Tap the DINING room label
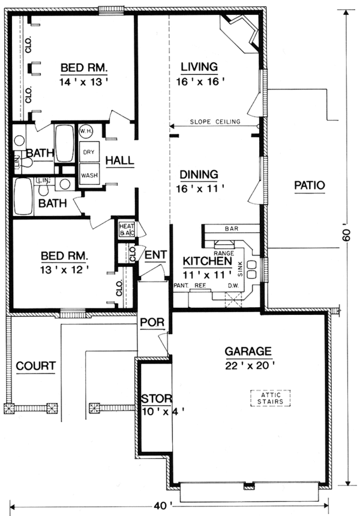coord(197,175)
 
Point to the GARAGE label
coord(248,351)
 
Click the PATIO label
coord(309,185)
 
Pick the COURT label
coord(36,365)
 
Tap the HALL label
coord(120,161)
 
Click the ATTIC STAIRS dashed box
coord(269,397)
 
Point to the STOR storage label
coord(157,398)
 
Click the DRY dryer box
coord(89,152)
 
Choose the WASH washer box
coord(89,175)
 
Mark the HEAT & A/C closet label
coord(125,228)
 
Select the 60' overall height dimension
coord(346,236)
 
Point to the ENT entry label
coord(155,255)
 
